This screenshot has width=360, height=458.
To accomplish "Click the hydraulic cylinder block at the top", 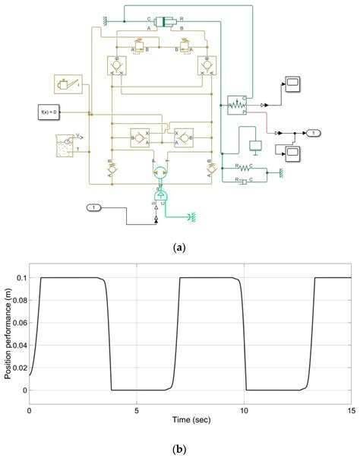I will [163, 21].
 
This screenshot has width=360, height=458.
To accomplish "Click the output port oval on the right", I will [312, 133].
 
